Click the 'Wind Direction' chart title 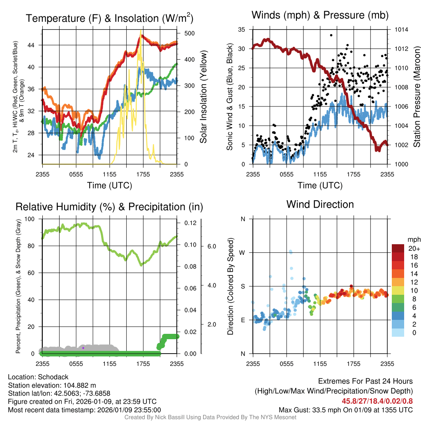(x=320, y=204)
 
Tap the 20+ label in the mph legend (x=414, y=249)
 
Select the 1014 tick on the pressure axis (x=401, y=30)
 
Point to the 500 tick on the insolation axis (x=188, y=33)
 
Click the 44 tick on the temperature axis (x=34, y=45)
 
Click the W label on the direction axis (x=243, y=252)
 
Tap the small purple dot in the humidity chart (x=83, y=348)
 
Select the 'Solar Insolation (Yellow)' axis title (x=203, y=97)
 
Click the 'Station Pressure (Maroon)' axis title (x=416, y=97)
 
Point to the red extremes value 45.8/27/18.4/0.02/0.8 (x=377, y=401)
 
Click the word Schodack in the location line (x=53, y=377)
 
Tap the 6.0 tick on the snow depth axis (x=211, y=246)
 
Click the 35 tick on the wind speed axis (x=242, y=30)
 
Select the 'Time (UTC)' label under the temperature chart (x=109, y=185)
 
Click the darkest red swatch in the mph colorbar (x=398, y=248)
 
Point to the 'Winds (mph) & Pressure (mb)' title (x=320, y=15)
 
